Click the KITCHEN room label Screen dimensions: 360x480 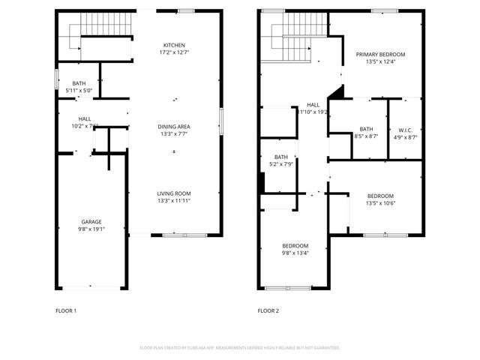click(173, 45)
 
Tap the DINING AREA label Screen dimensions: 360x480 click(173, 126)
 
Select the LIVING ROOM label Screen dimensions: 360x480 click(173, 193)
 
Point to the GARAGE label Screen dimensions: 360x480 click(91, 222)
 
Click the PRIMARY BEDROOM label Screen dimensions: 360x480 click(380, 55)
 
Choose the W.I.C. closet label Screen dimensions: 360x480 click(406, 130)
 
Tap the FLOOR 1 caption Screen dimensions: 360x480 click(66, 310)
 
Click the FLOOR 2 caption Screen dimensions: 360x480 click(268, 310)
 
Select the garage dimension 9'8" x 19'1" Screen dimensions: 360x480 click(91, 230)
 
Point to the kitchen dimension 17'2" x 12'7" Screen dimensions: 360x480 click(173, 52)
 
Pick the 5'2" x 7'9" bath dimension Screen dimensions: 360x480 click(280, 164)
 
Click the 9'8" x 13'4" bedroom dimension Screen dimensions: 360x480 click(295, 253)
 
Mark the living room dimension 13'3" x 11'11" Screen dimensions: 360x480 click(173, 201)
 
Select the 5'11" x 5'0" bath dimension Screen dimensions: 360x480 click(79, 91)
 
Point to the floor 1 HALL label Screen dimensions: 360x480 click(85, 118)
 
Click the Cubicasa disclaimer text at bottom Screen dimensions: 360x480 click(240, 348)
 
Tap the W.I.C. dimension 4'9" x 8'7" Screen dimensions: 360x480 click(406, 137)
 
